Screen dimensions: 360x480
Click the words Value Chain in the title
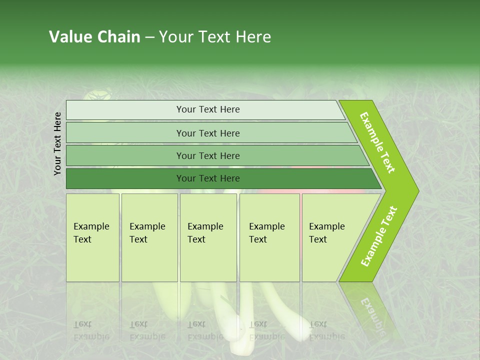click(94, 36)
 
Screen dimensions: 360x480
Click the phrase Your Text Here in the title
click(215, 36)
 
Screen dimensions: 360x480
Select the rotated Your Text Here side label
click(57, 143)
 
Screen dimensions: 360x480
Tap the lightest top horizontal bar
click(208, 109)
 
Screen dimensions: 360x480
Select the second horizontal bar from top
click(208, 133)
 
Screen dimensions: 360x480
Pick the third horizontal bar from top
click(208, 155)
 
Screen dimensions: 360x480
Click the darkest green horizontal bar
click(208, 178)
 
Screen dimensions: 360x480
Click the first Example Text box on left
click(92, 237)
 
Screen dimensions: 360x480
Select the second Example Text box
click(149, 237)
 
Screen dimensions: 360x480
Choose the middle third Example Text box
click(208, 237)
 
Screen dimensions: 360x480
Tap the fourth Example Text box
click(269, 237)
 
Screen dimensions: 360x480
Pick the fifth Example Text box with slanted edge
click(330, 237)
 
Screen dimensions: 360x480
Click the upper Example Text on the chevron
click(377, 143)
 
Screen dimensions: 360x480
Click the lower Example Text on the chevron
click(378, 236)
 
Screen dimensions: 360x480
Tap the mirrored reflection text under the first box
click(91, 330)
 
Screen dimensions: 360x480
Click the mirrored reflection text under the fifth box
click(326, 330)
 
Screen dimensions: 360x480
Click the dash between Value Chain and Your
click(149, 37)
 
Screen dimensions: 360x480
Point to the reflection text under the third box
click(205, 330)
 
